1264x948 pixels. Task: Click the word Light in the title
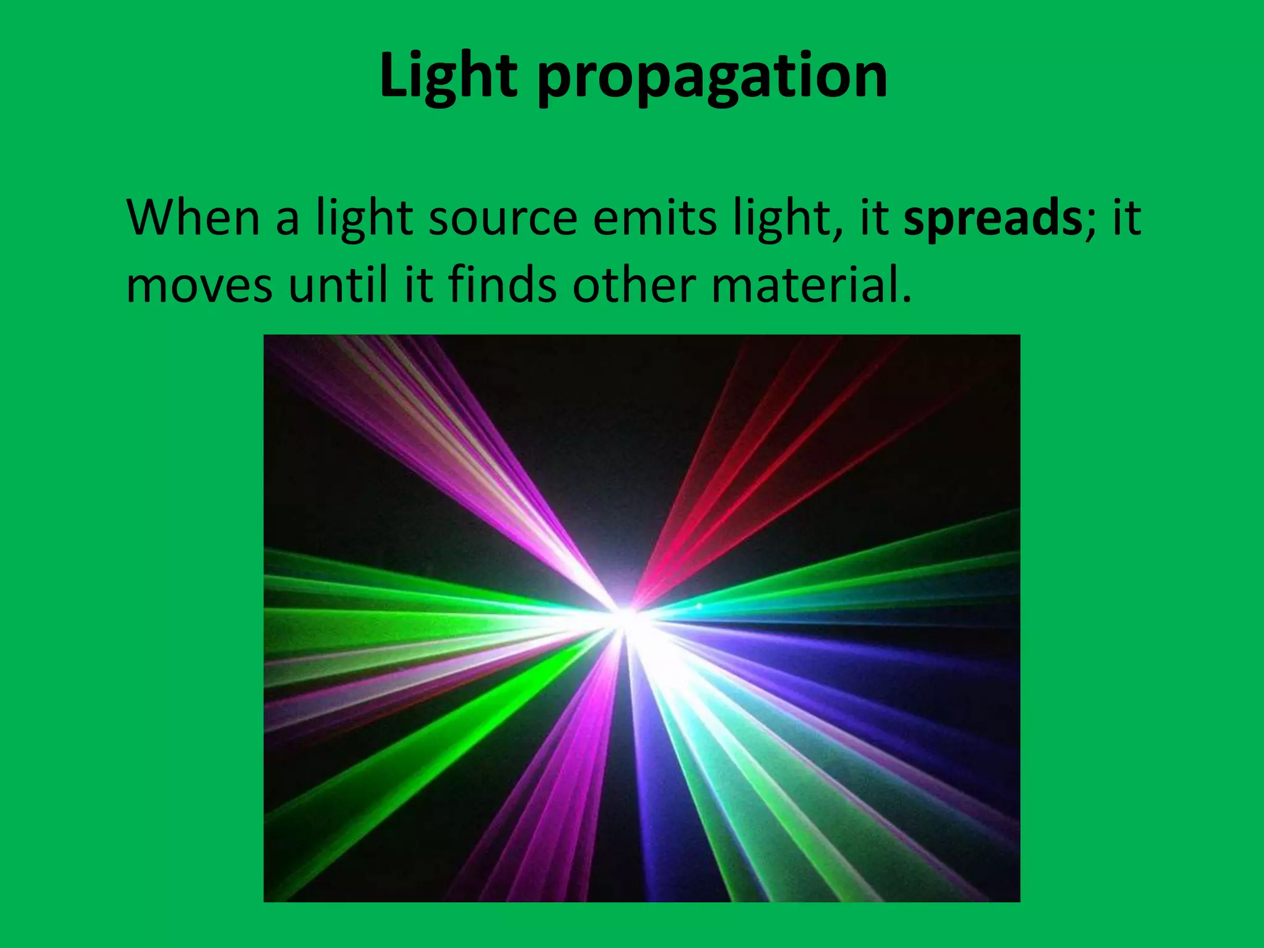click(x=448, y=77)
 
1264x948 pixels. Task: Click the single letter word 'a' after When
click(x=287, y=221)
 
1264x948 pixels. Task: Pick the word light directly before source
click(x=364, y=220)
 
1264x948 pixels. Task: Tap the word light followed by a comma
click(x=782, y=220)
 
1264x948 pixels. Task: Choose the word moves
click(x=199, y=288)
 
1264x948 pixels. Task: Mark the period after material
click(x=905, y=300)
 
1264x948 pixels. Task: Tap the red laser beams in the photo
click(x=759, y=469)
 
